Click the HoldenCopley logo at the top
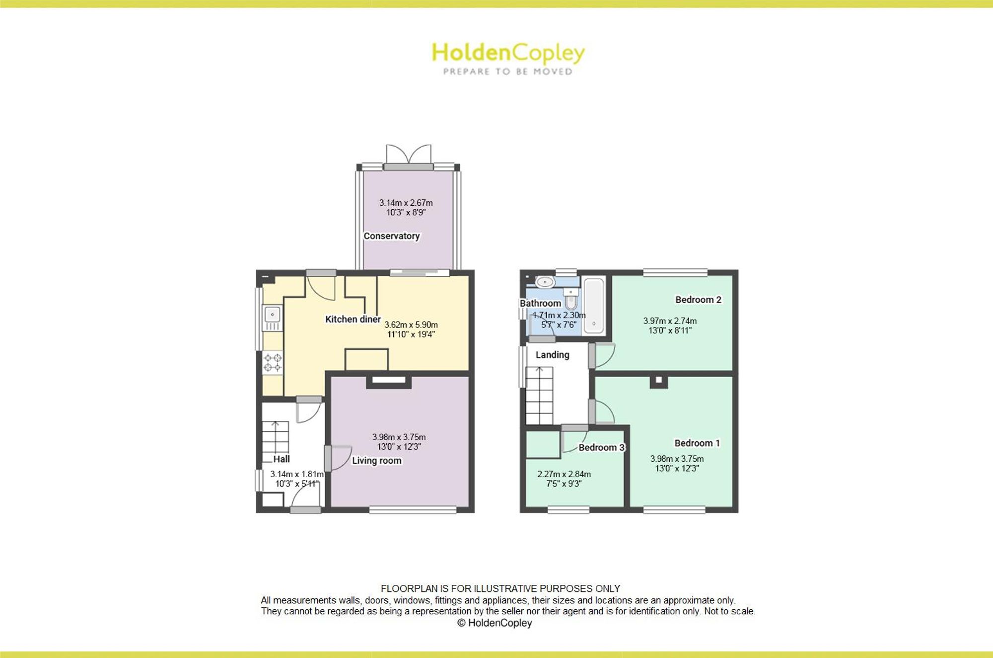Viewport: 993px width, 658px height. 508,59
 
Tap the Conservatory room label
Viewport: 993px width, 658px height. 392,236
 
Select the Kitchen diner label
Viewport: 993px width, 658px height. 353,319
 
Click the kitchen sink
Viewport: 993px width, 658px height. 272,319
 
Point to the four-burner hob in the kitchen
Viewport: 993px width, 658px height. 273,363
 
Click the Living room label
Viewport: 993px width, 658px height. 377,461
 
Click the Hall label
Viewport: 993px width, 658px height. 282,459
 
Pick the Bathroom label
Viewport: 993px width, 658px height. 540,303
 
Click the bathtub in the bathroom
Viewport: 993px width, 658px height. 594,305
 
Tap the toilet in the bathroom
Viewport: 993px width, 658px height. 571,298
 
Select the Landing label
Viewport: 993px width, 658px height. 553,355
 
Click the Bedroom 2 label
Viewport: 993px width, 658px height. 698,300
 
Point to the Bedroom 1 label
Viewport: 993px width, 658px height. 697,443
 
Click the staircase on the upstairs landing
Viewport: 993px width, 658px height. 539,396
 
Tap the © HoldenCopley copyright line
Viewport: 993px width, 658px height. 495,623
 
